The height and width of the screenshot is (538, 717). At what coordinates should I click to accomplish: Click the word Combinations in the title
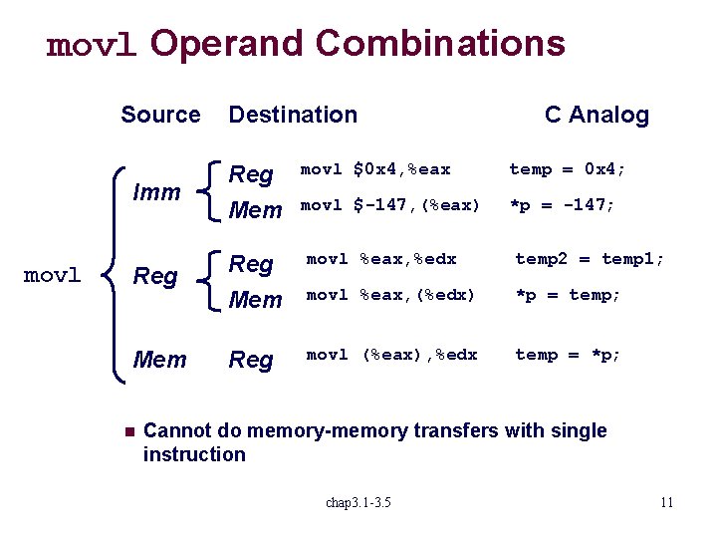(x=440, y=43)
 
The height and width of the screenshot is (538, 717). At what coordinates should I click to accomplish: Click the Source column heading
(x=160, y=115)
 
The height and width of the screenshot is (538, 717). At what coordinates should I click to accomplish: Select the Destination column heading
(x=293, y=115)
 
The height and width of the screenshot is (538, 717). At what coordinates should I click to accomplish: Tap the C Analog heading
(x=597, y=115)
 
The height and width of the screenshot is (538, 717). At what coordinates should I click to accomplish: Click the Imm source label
(x=157, y=191)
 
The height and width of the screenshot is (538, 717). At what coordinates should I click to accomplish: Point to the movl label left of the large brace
(x=52, y=275)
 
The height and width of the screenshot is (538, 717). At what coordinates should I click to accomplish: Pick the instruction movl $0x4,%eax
(x=375, y=170)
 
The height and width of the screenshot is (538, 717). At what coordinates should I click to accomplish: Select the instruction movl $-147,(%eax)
(x=390, y=205)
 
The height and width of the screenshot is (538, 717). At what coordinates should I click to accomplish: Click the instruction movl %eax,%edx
(x=381, y=259)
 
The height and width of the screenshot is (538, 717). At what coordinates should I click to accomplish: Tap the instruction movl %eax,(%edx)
(x=390, y=295)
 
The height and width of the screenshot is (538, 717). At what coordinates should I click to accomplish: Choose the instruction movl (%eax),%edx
(x=391, y=355)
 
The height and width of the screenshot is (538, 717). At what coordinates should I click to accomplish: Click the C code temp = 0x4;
(x=568, y=170)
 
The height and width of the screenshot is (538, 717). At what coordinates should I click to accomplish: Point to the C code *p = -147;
(x=563, y=205)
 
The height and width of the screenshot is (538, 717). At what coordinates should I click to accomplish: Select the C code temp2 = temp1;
(x=588, y=259)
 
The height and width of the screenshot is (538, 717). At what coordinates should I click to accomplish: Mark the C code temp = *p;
(x=568, y=355)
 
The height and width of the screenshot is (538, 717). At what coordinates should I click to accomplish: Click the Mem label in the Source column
(x=159, y=359)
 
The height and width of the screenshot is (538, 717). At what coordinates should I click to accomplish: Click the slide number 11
(x=666, y=502)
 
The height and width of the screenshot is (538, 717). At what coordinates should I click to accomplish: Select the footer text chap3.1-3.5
(x=358, y=502)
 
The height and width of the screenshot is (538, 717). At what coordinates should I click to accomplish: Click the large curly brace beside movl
(x=113, y=275)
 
